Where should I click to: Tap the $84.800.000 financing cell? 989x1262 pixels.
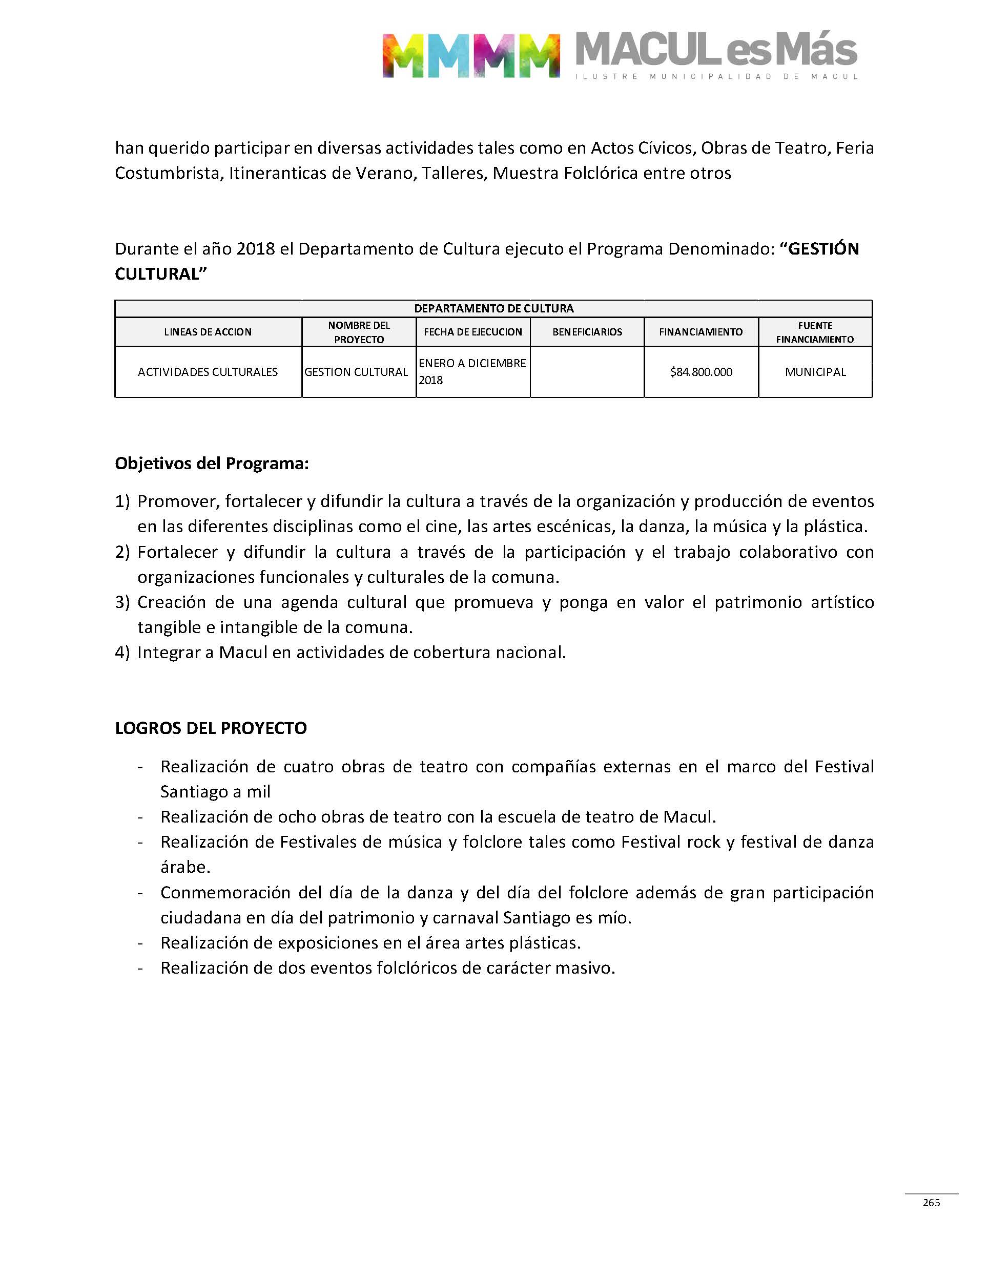click(x=700, y=372)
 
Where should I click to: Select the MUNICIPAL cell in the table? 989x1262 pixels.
click(x=815, y=372)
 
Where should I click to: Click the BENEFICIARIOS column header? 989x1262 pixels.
click(x=587, y=332)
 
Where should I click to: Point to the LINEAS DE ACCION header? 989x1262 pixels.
click(x=208, y=332)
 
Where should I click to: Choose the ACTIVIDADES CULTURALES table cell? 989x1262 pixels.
click(x=208, y=372)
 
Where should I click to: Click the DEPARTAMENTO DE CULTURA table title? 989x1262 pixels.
click(x=493, y=308)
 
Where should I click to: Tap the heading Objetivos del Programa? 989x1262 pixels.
click(x=212, y=464)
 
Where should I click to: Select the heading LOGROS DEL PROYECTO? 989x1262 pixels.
click(x=211, y=728)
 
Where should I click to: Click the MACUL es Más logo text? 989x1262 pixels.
click(x=716, y=51)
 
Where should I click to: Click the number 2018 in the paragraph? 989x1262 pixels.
click(x=255, y=249)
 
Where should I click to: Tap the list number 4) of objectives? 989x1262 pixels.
click(x=122, y=653)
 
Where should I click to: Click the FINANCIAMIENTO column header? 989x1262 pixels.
click(x=700, y=332)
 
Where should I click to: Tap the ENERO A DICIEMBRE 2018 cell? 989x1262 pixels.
click(x=472, y=371)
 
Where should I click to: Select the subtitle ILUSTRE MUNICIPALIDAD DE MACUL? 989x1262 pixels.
click(x=716, y=77)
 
